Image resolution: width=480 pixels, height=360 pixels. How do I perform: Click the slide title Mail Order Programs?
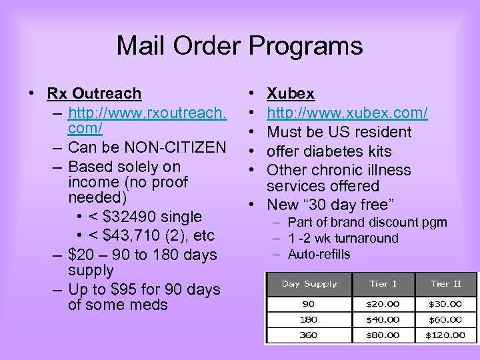239,46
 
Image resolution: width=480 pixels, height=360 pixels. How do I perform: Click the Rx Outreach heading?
94,94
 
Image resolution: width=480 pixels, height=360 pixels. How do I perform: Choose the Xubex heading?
291,94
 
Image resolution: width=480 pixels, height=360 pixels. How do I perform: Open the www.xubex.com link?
347,113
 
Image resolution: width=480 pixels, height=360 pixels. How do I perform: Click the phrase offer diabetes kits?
329,151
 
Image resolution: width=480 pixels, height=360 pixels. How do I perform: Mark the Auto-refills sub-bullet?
319,254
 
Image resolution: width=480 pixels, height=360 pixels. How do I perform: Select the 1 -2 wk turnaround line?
343,238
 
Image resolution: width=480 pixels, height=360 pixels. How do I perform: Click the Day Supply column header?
309,284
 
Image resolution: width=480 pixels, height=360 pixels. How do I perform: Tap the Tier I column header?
383,284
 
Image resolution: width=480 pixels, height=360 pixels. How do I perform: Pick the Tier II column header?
446,284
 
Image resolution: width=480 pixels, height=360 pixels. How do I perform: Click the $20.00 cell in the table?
383,303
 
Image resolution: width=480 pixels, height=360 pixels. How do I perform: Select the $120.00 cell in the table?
446,335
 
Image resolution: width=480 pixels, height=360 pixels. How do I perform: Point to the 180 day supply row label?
309,319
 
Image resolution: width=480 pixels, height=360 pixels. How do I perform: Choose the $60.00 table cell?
446,319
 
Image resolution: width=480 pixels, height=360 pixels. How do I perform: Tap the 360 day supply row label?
309,335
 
